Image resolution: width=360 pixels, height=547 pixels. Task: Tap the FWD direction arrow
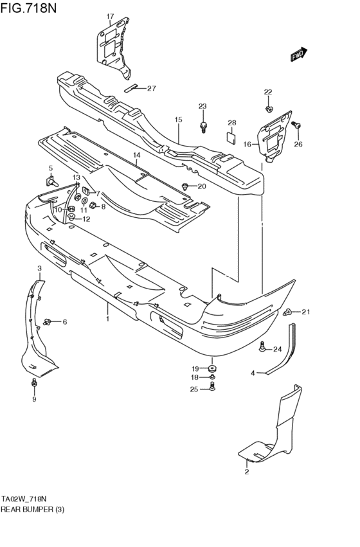pos(299,55)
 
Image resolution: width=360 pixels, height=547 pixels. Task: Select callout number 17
pos(109,16)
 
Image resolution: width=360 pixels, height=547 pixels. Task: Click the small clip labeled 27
pos(132,89)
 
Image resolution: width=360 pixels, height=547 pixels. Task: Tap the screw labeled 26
pos(296,125)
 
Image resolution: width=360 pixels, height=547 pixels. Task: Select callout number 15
pos(178,120)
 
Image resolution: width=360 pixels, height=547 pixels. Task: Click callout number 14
pos(136,156)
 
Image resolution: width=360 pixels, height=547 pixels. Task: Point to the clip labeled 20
pos(186,186)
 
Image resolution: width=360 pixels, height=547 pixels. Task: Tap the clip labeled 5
pos(51,183)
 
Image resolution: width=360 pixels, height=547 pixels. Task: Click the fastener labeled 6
pos(49,321)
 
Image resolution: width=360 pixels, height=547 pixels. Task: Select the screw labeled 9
pos(35,384)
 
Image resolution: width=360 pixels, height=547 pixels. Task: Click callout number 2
pos(247,472)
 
